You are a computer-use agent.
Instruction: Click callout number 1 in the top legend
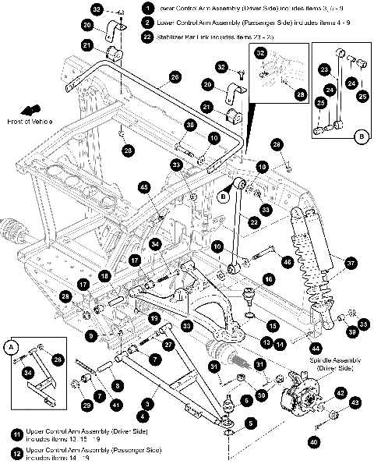click(146, 6)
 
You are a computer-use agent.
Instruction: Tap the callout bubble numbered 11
click(16, 433)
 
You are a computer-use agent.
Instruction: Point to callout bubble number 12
click(16, 451)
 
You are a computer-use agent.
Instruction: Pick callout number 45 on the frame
click(144, 187)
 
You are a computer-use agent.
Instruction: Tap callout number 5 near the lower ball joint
click(251, 423)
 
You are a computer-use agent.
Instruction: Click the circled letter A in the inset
click(10, 345)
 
